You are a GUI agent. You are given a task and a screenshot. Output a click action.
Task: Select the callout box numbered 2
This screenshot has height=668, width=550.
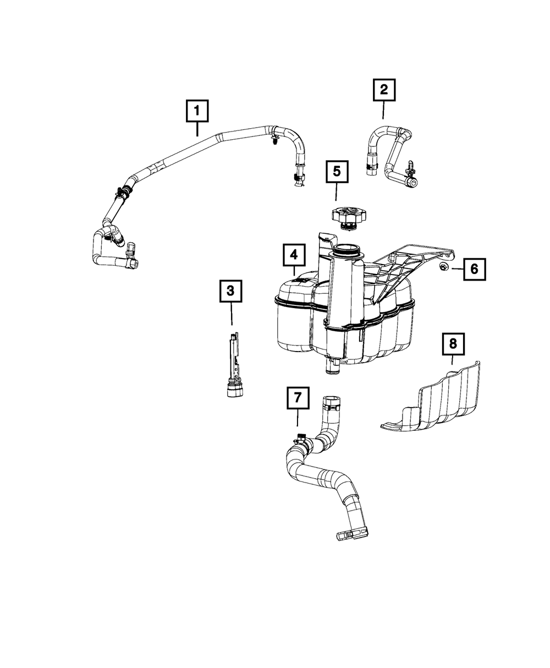(383, 90)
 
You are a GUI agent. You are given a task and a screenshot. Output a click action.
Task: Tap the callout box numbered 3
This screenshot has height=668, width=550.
(231, 291)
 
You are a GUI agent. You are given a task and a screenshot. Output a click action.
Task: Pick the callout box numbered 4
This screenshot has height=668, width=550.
(294, 254)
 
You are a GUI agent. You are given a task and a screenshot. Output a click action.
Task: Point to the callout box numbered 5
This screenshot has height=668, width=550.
(336, 172)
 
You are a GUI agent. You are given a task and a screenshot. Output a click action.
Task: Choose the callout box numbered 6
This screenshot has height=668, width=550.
(474, 269)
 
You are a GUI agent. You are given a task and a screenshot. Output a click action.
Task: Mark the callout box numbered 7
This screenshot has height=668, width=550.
(298, 398)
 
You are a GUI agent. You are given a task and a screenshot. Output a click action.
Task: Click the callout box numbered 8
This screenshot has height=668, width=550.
(453, 344)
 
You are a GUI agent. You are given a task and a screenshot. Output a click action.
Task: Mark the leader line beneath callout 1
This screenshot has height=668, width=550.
(196, 130)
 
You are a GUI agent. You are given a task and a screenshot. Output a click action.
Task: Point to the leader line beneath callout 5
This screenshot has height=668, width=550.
(336, 193)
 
